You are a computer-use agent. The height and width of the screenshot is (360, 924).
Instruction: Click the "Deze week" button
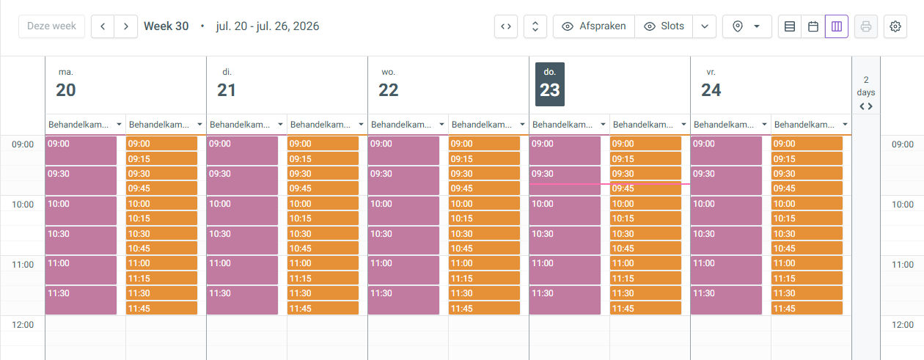point(51,26)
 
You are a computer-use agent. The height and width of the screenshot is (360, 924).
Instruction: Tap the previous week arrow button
point(103,26)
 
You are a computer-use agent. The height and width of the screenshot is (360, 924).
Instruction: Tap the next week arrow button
point(126,26)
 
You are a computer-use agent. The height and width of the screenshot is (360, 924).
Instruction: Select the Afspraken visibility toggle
point(594,26)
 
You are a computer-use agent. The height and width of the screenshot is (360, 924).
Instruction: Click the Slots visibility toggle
point(664,26)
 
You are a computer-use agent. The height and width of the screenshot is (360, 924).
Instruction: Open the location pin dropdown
point(747,26)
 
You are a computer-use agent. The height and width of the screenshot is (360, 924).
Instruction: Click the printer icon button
point(866,26)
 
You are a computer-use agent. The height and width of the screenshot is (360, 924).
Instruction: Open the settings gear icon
point(895,26)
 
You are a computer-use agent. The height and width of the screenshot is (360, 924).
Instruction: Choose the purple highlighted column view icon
point(837,26)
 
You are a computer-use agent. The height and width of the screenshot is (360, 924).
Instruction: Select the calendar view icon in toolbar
point(813,26)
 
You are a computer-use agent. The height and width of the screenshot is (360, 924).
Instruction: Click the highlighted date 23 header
point(550,84)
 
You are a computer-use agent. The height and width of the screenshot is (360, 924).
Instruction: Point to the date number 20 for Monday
point(66,90)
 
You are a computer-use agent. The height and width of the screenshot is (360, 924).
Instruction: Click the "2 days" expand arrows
point(866,106)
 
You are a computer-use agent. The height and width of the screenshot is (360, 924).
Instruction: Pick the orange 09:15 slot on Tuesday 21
point(323,158)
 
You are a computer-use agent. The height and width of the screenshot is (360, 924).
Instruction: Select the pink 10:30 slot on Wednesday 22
point(403,240)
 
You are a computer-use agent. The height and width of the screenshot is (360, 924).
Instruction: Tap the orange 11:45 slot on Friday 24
point(807,308)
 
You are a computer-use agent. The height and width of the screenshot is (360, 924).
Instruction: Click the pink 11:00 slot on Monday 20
point(81,270)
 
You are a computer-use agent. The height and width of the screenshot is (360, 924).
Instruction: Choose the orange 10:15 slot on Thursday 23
point(645,218)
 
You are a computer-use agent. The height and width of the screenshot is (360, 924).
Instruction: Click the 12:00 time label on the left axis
point(23,325)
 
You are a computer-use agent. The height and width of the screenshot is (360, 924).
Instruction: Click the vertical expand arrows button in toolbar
point(535,26)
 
